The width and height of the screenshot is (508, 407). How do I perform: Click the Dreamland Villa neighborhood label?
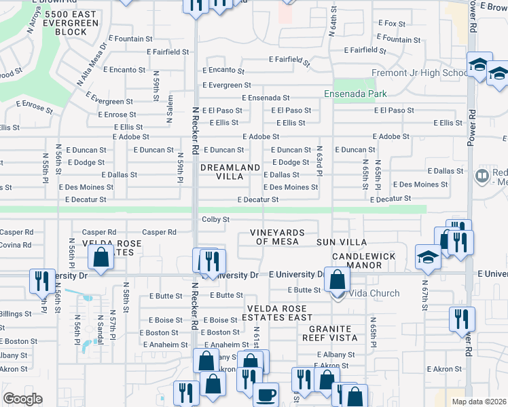tap(230, 172)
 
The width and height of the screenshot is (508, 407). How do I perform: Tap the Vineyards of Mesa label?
tap(284, 237)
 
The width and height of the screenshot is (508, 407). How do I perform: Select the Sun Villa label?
tap(342, 242)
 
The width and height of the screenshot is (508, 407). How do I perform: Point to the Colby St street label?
tap(216, 220)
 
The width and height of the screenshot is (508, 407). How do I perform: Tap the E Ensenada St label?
tap(265, 98)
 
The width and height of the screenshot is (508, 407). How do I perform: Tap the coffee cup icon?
tap(266, 393)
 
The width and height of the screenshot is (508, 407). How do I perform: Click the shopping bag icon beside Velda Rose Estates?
tap(101, 258)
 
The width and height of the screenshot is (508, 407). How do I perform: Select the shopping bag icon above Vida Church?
tap(337, 278)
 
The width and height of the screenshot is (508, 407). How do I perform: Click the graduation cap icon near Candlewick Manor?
tap(428, 257)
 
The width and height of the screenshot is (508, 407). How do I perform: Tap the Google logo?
tap(22, 399)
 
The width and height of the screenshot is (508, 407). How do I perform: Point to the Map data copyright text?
tap(479, 402)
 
